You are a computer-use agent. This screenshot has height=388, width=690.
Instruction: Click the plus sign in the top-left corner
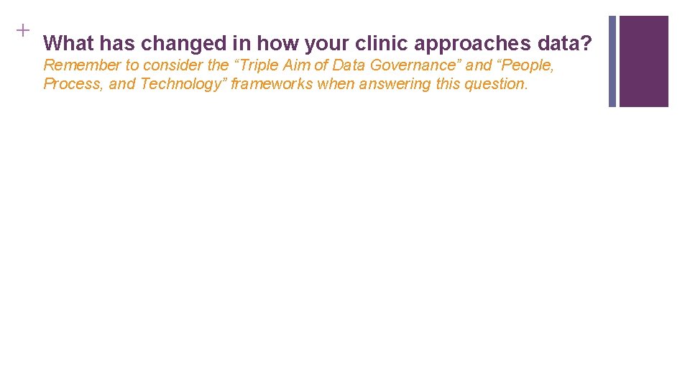[22, 30]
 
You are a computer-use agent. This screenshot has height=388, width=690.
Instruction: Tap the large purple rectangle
[643, 61]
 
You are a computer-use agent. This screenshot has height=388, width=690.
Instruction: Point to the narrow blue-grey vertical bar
[612, 61]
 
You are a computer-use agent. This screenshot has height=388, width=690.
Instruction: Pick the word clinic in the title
[381, 44]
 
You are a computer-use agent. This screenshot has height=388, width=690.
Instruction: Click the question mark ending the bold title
[586, 44]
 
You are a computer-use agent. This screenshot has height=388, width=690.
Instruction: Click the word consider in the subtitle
[173, 65]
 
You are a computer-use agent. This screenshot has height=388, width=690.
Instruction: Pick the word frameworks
[271, 84]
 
